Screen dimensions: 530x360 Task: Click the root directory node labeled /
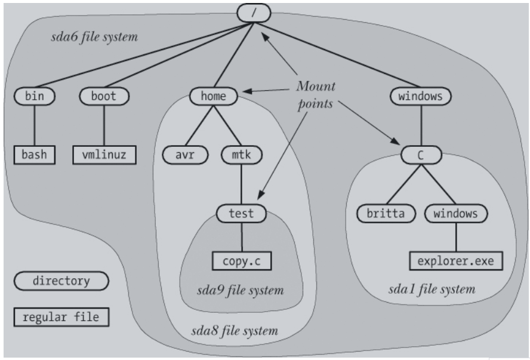(x=254, y=13)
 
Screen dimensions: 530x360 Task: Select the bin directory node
(x=35, y=96)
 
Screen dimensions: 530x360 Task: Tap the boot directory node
(x=104, y=96)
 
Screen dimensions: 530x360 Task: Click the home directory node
(x=214, y=96)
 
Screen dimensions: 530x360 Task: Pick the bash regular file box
(x=35, y=155)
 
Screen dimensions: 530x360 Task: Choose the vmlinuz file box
(x=104, y=155)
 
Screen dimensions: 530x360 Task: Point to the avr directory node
(x=185, y=155)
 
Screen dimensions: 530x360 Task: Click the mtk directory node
(x=242, y=155)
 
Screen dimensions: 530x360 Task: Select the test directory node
(x=241, y=214)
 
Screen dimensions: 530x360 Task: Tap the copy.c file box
(x=242, y=261)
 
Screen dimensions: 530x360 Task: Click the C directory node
(x=421, y=155)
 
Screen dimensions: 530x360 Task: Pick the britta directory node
(x=386, y=214)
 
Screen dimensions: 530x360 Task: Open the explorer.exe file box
(x=456, y=261)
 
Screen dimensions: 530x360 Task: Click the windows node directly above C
(x=421, y=96)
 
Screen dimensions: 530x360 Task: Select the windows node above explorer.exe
(x=456, y=214)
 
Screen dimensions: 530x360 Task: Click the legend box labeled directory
(x=61, y=281)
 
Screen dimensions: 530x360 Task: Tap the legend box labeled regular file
(x=61, y=317)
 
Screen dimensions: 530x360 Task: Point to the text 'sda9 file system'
(x=241, y=290)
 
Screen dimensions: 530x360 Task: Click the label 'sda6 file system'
(x=95, y=36)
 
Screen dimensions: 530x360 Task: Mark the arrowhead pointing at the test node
(x=261, y=195)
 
